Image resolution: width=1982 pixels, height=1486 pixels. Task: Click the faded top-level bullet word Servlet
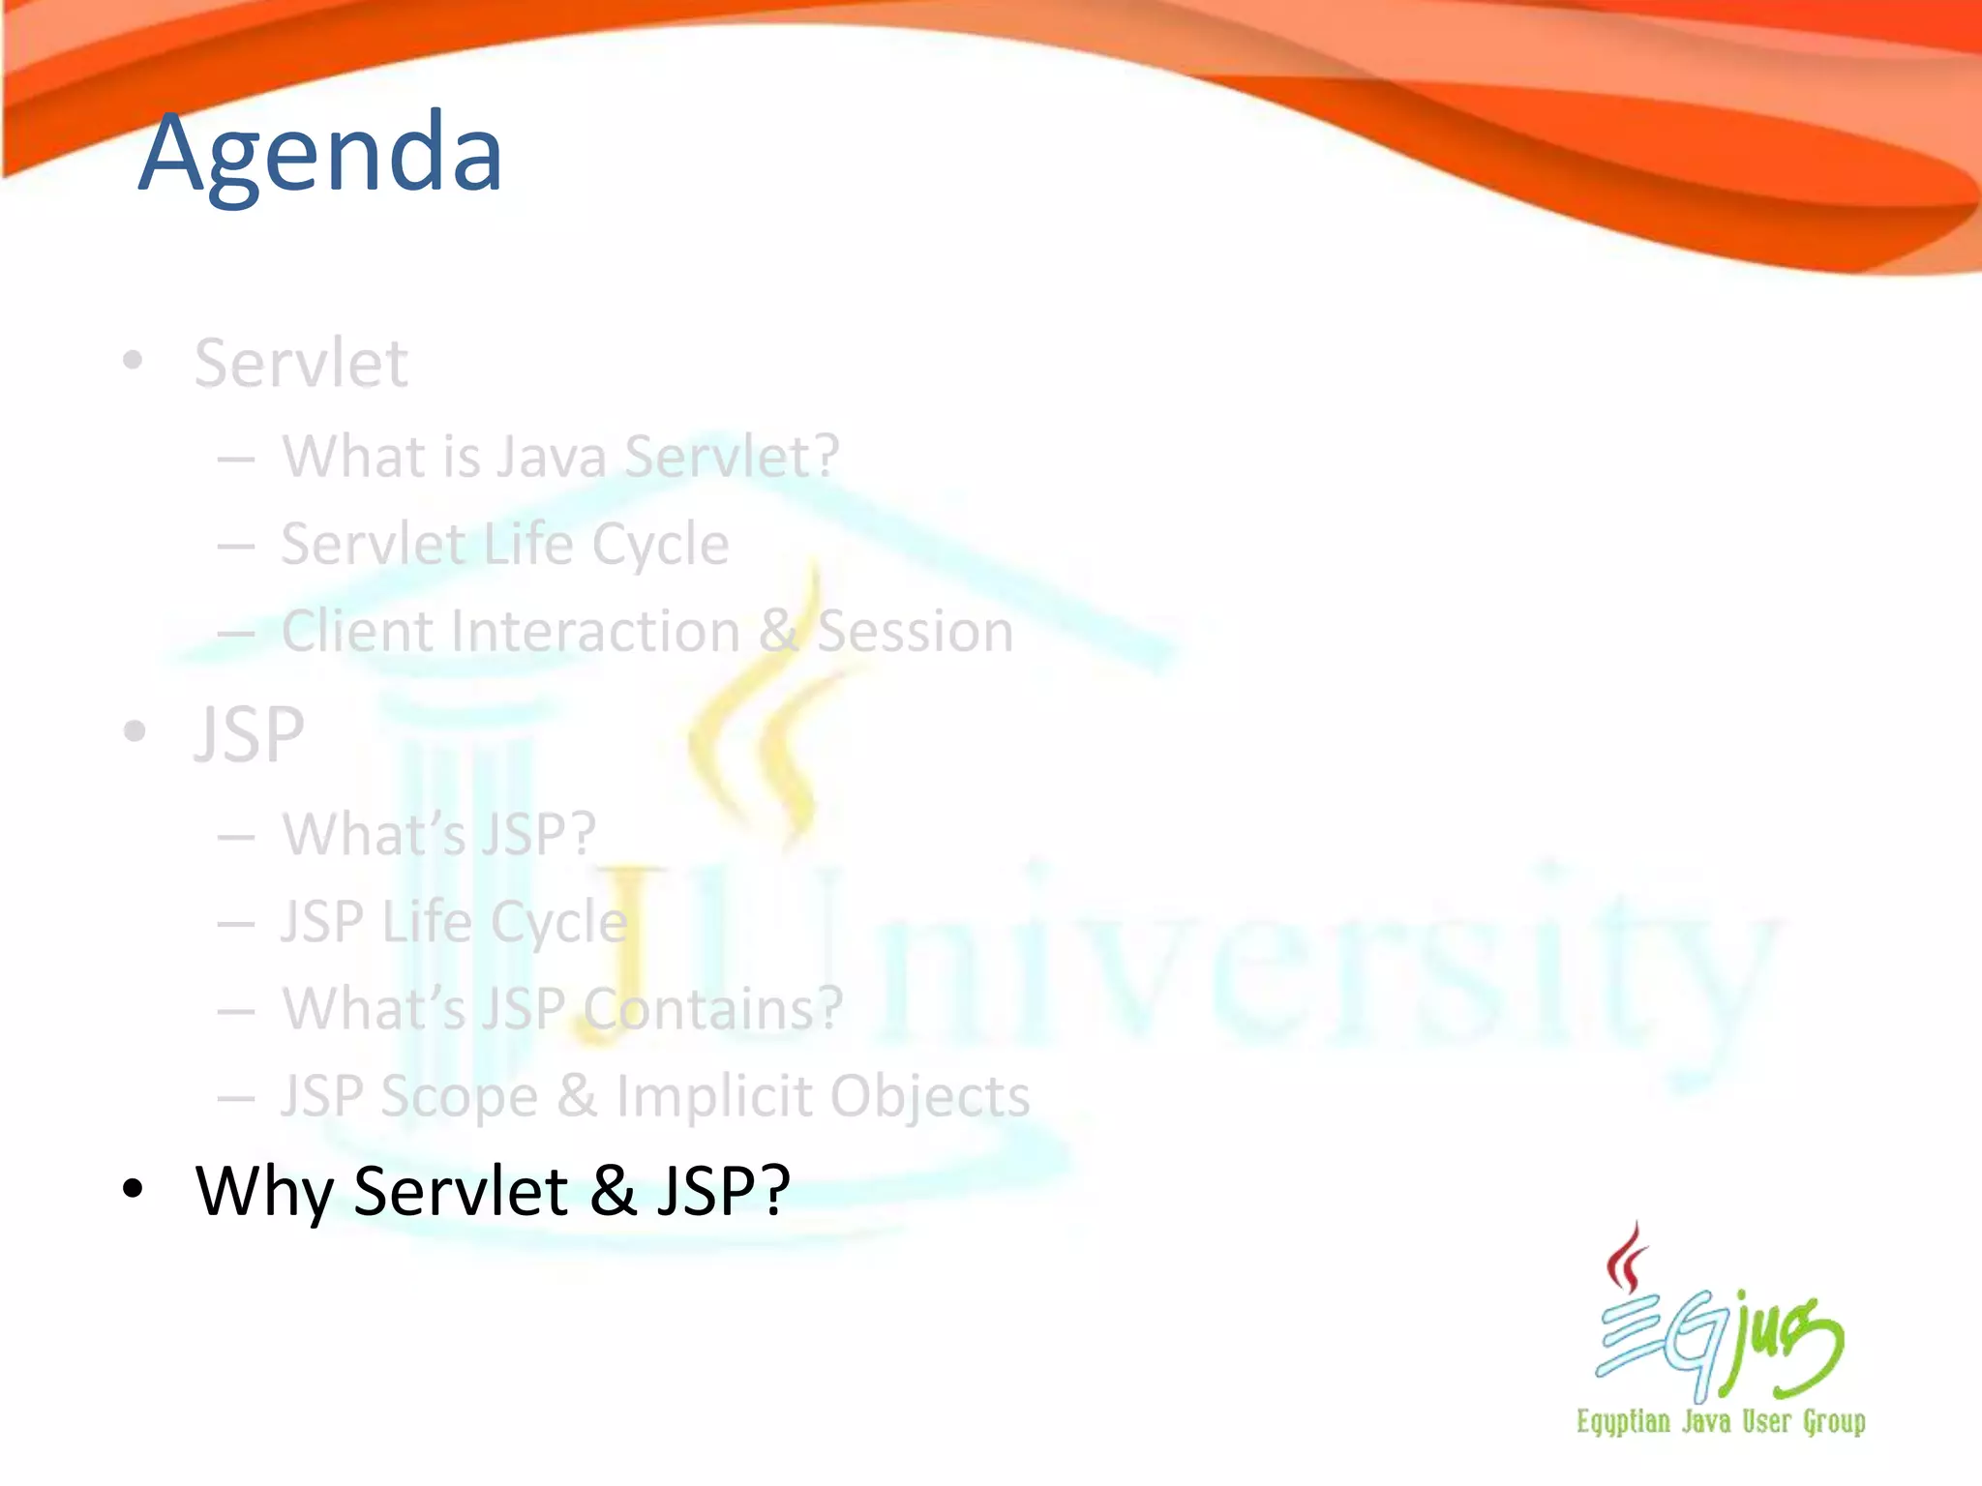(301, 364)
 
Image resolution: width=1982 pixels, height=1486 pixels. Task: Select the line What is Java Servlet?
(559, 456)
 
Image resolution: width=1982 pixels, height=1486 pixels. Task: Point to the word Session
(915, 632)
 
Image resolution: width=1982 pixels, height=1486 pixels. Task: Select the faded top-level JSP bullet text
(250, 734)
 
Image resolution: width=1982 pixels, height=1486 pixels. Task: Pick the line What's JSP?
(438, 834)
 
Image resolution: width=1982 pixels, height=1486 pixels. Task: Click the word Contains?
(713, 1008)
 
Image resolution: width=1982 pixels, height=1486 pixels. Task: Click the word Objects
(929, 1096)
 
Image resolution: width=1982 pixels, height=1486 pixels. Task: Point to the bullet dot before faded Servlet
(133, 361)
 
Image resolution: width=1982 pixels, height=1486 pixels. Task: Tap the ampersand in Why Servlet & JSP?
(613, 1190)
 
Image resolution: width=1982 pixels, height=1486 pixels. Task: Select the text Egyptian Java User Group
(1721, 1421)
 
